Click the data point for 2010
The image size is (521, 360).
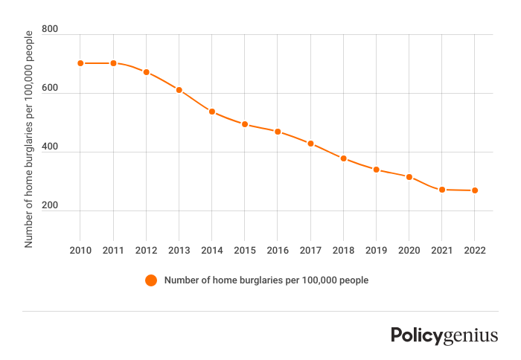coord(80,63)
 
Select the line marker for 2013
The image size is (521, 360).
coord(179,90)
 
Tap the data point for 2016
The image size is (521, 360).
coord(278,132)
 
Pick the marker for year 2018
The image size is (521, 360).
coord(343,158)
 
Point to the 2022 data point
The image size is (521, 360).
coord(475,190)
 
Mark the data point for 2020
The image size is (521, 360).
coord(409,177)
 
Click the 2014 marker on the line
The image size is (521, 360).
coord(212,112)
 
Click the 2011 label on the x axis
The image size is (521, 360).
coord(113,251)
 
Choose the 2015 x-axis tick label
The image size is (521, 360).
coord(245,251)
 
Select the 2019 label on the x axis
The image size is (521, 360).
coord(376,251)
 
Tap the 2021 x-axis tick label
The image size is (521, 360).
coord(442,251)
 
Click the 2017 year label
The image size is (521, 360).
coord(310,251)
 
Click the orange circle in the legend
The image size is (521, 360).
coord(151,280)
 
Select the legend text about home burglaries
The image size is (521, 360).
coord(266,280)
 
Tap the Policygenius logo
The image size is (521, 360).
coord(444,335)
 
